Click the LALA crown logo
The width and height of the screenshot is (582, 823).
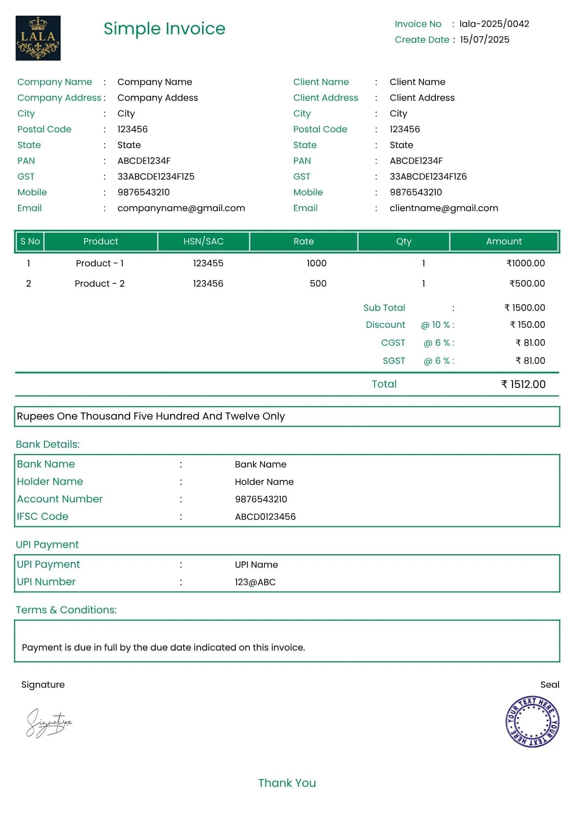38,38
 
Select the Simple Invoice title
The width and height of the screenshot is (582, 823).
164,28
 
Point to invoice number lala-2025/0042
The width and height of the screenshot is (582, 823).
494,24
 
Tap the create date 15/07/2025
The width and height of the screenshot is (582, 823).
484,40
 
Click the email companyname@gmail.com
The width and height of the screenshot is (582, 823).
181,208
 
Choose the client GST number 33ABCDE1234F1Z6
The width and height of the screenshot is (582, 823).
428,176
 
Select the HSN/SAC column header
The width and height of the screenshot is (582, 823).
203,241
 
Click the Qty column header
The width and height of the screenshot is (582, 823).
403,241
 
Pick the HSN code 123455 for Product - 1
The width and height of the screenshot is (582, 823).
208,263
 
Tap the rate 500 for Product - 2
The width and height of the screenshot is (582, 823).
318,283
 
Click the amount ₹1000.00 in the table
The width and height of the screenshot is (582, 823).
525,263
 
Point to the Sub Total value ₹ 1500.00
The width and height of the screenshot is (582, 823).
524,308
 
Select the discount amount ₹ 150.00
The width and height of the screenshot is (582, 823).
527,325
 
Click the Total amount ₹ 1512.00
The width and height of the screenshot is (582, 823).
523,385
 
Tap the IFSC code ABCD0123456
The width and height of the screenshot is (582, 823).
265,517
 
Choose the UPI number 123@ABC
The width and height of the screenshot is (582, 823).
255,582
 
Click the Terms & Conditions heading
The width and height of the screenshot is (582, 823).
66,610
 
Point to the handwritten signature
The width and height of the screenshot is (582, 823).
48,723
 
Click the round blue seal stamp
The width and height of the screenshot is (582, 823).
532,722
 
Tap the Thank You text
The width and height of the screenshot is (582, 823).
287,783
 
